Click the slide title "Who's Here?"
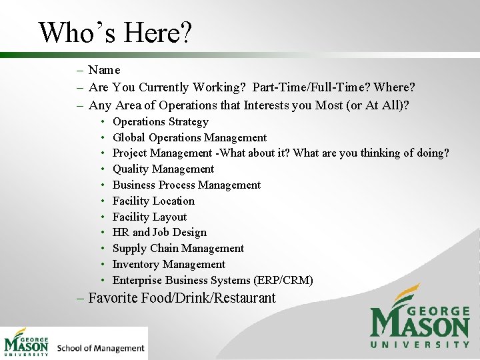(115, 32)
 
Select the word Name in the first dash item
(104, 70)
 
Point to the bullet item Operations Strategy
(160, 122)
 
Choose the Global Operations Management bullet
(189, 138)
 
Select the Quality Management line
(163, 169)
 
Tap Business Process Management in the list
(187, 185)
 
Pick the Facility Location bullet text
(153, 201)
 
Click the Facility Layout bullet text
(149, 217)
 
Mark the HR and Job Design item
(159, 233)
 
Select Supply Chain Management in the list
(178, 249)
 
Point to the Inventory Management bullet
(169, 265)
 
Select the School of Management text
(101, 348)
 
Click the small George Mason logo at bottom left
(27, 343)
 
